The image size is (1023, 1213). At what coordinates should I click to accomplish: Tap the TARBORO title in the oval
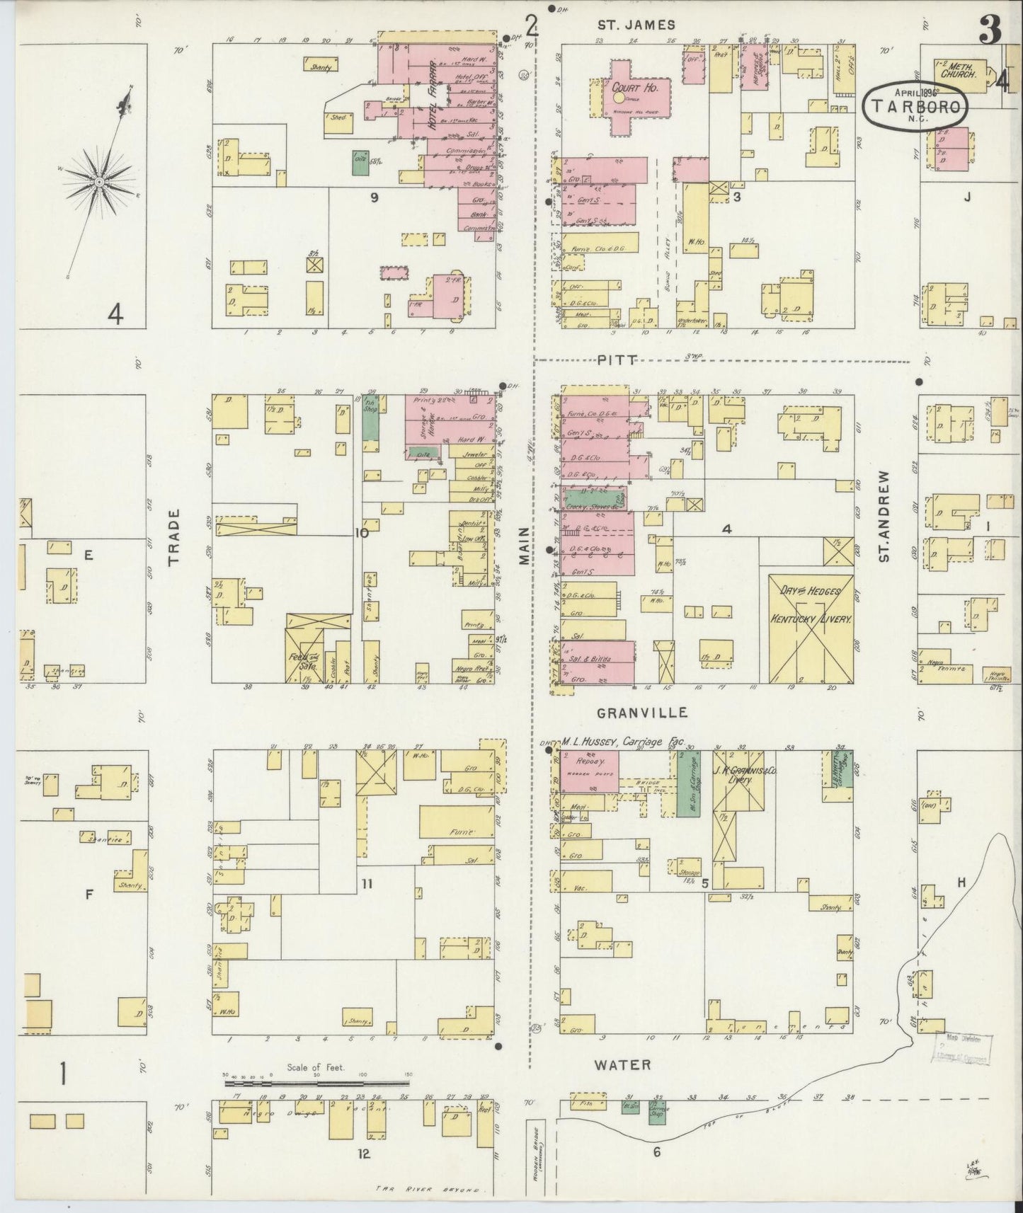(917, 108)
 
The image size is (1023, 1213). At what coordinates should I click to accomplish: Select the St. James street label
(636, 25)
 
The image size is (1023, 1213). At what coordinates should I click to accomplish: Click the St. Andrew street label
(884, 516)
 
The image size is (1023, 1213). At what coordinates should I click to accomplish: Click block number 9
(373, 197)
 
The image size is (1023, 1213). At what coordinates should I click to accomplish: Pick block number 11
(366, 883)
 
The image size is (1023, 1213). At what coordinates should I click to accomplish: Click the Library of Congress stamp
(963, 1048)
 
